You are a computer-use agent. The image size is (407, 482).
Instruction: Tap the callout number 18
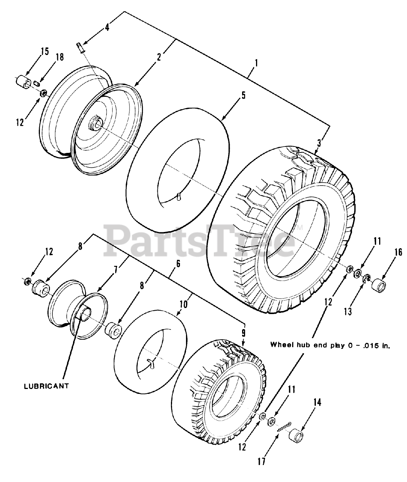coord(59,57)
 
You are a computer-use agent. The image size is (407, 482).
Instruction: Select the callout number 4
coord(107,27)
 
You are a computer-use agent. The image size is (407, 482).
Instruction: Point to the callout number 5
coord(243,95)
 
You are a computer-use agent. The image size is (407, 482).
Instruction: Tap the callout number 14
coord(317,403)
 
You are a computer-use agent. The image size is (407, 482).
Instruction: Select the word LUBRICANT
coord(47,386)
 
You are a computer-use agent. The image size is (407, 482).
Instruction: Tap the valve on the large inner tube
coord(179,197)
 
